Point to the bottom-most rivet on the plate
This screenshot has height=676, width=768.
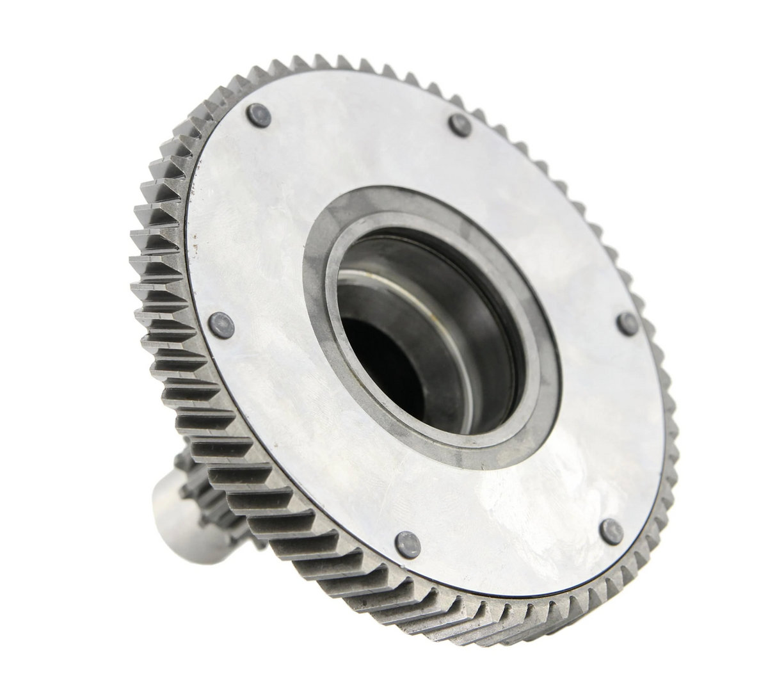[406, 541]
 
